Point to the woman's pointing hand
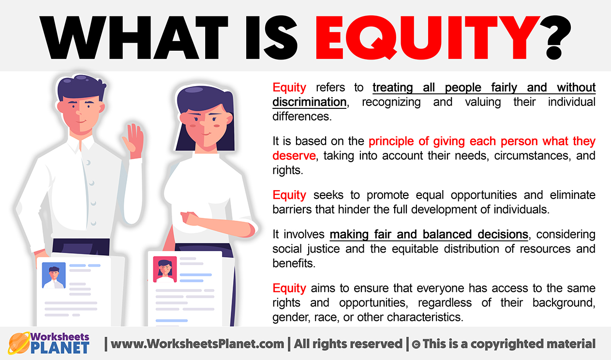coord(191,218)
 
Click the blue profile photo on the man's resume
coord(54,275)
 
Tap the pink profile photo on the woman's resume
coord(165,269)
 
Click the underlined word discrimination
coord(309,102)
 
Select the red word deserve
coord(294,156)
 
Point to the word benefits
coord(294,263)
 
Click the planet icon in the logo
coord(19,343)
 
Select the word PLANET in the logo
coord(60,348)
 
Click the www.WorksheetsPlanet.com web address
coord(197,344)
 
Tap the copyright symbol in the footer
coord(416,345)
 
